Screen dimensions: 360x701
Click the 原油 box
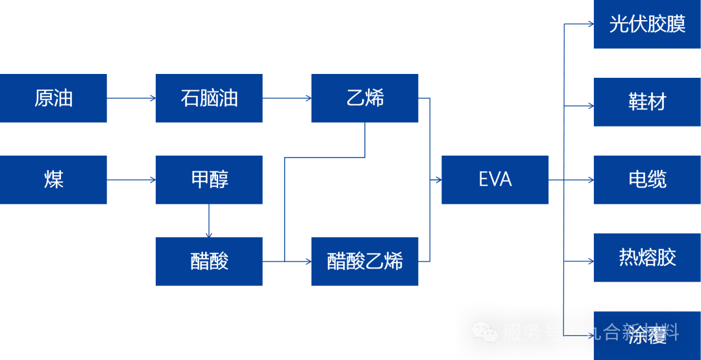click(53, 98)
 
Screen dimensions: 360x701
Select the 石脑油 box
click(209, 98)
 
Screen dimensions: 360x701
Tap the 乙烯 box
click(365, 98)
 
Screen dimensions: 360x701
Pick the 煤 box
click(53, 180)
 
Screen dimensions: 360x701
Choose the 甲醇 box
click(209, 180)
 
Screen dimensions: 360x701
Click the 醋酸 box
click(209, 261)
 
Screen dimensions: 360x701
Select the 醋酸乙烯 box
click(365, 261)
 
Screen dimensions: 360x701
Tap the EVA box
click(495, 180)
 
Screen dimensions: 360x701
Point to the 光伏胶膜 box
click(647, 24)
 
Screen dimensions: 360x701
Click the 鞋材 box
click(647, 102)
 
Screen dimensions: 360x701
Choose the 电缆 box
click(647, 180)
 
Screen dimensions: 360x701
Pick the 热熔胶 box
click(647, 258)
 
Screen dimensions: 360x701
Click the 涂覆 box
click(647, 335)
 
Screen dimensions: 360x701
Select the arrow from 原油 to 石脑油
click(131, 99)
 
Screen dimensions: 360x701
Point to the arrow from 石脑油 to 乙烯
click(287, 99)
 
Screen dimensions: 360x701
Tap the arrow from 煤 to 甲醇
click(131, 180)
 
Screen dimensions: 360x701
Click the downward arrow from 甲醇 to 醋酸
click(209, 221)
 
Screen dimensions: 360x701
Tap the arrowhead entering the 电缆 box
click(590, 180)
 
